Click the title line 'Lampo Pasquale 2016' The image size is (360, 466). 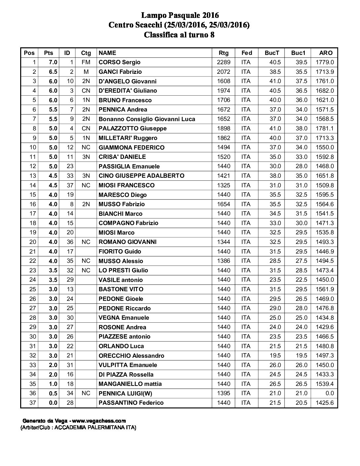click(x=180, y=15)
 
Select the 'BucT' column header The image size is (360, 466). click(x=272, y=53)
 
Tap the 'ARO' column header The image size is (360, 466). click(x=326, y=53)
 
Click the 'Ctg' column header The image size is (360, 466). click(x=86, y=53)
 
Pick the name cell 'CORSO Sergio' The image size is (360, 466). click(x=119, y=62)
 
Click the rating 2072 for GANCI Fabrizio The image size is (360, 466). click(x=223, y=72)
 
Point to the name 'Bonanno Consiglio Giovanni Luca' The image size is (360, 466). click(x=147, y=119)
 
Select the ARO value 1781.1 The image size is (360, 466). click(x=325, y=128)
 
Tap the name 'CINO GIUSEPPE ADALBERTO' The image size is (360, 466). click(x=141, y=176)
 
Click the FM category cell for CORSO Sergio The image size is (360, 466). click(x=86, y=62)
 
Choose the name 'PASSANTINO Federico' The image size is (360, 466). click(x=131, y=403)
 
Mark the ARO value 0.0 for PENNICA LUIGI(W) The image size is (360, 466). click(x=329, y=393)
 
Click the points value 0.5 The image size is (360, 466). click(x=53, y=393)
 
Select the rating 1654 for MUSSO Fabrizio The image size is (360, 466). click(x=223, y=204)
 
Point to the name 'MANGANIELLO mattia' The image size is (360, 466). click(x=130, y=384)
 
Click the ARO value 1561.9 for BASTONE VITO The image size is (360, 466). click(x=325, y=289)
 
